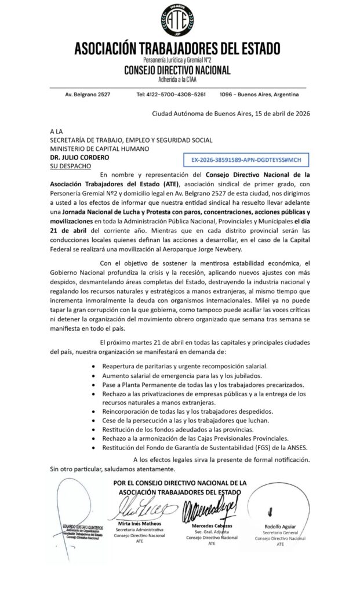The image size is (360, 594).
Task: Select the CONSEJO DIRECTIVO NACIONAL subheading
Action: [178, 70]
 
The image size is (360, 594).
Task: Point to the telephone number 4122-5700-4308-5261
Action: [171, 94]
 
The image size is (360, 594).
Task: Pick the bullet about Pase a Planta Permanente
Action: [195, 385]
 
